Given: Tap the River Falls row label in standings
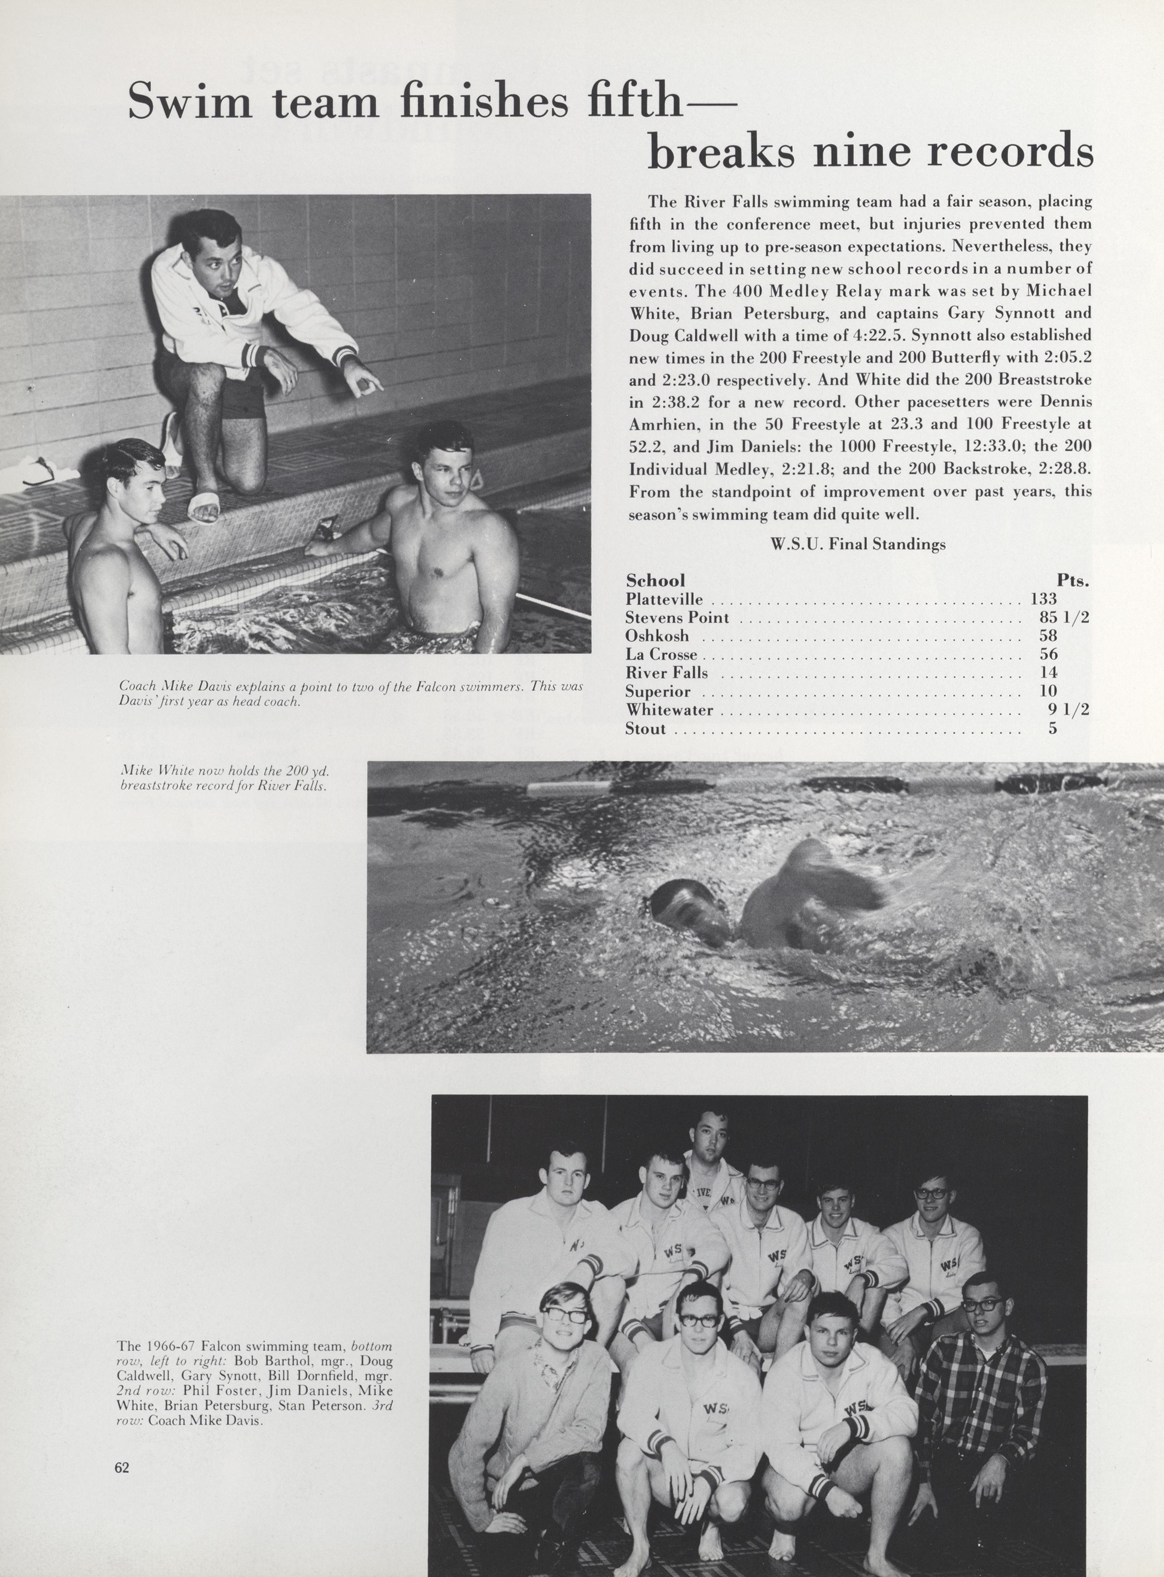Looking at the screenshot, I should (667, 673).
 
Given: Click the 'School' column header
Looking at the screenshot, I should (655, 580).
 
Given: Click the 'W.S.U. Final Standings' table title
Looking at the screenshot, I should (858, 545).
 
